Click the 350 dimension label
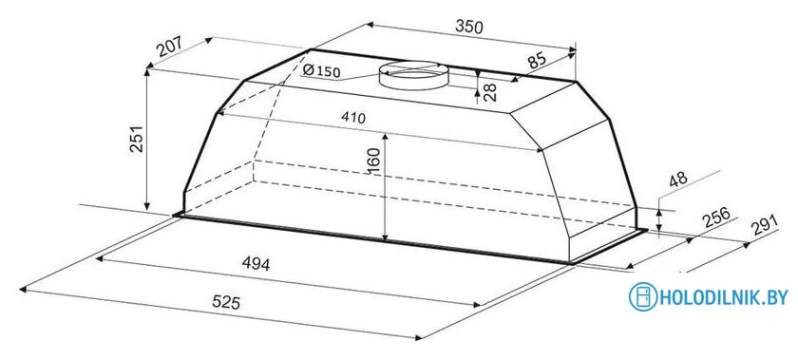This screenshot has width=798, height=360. (467, 26)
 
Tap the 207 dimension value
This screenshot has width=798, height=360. (169, 47)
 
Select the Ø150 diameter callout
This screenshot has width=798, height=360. (321, 71)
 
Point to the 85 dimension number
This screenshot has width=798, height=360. (537, 61)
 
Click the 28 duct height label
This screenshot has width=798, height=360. (489, 92)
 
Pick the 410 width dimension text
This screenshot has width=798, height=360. (353, 118)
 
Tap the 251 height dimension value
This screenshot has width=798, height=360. (136, 139)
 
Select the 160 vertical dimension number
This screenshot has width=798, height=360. (373, 161)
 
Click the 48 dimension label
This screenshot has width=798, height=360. (677, 180)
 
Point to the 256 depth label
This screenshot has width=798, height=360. (716, 218)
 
